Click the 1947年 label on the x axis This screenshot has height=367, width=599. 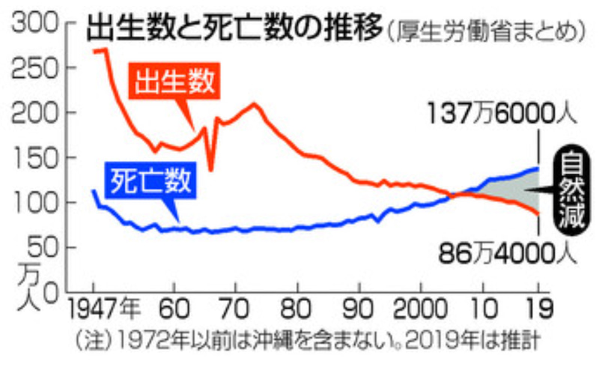click(x=106, y=308)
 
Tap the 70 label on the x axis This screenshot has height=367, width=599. click(x=235, y=308)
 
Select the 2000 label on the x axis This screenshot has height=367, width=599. click(x=421, y=308)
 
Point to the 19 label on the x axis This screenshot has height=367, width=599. click(x=538, y=308)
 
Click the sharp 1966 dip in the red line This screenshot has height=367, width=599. click(x=211, y=169)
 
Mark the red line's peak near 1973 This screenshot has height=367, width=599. click(x=254, y=104)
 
